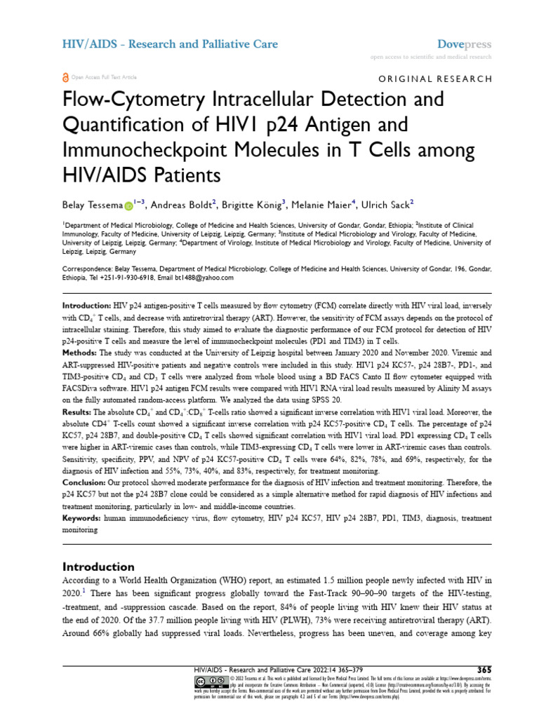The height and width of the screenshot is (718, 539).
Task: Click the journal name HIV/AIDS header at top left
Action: [170, 44]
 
